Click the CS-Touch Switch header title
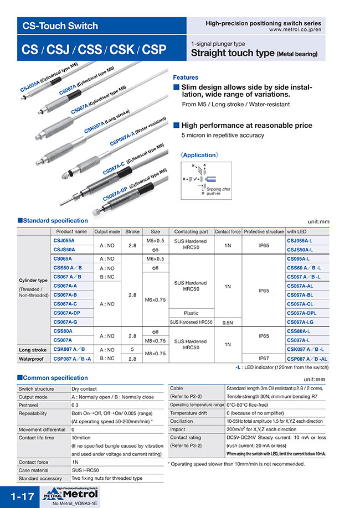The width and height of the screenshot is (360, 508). [60, 26]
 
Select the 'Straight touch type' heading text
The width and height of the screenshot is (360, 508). [233, 54]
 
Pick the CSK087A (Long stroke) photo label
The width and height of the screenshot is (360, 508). [107, 122]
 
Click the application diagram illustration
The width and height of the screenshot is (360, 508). [205, 179]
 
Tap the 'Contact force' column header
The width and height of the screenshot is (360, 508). [228, 232]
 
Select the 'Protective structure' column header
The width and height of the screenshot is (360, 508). [264, 232]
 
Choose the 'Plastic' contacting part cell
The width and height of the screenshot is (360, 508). [191, 313]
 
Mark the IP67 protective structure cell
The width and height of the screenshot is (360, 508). [264, 358]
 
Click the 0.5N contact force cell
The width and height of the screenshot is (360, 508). [228, 322]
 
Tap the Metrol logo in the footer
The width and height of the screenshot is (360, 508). [70, 494]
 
